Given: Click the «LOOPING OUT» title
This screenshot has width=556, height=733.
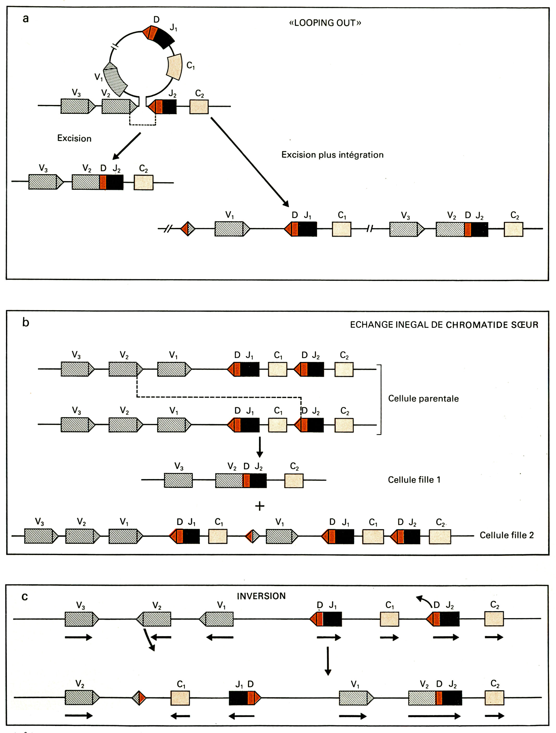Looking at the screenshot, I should click(325, 23).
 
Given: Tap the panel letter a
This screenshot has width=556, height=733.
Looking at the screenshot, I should click(26, 19).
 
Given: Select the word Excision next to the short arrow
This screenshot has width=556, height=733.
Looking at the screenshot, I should click(74, 138).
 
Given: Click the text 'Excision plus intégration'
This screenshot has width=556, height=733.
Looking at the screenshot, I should click(332, 155).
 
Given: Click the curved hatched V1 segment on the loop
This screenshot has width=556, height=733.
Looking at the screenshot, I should click(115, 79).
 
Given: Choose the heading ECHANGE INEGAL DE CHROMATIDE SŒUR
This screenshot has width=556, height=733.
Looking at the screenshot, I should click(444, 325).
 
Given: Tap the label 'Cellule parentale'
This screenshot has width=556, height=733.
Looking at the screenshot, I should click(423, 398).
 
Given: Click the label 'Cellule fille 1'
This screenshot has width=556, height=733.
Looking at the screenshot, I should click(414, 480).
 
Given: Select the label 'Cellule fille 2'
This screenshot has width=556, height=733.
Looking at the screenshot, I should click(506, 535).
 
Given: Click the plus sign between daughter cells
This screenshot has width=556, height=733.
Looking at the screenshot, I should click(260, 506).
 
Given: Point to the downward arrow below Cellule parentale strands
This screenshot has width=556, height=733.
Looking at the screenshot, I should click(260, 447).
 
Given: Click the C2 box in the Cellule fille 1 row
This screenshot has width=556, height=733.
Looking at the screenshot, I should click(294, 481).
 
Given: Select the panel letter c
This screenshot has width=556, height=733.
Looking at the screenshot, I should click(25, 596).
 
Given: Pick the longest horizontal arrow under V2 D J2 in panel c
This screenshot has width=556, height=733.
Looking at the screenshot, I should click(434, 716).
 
